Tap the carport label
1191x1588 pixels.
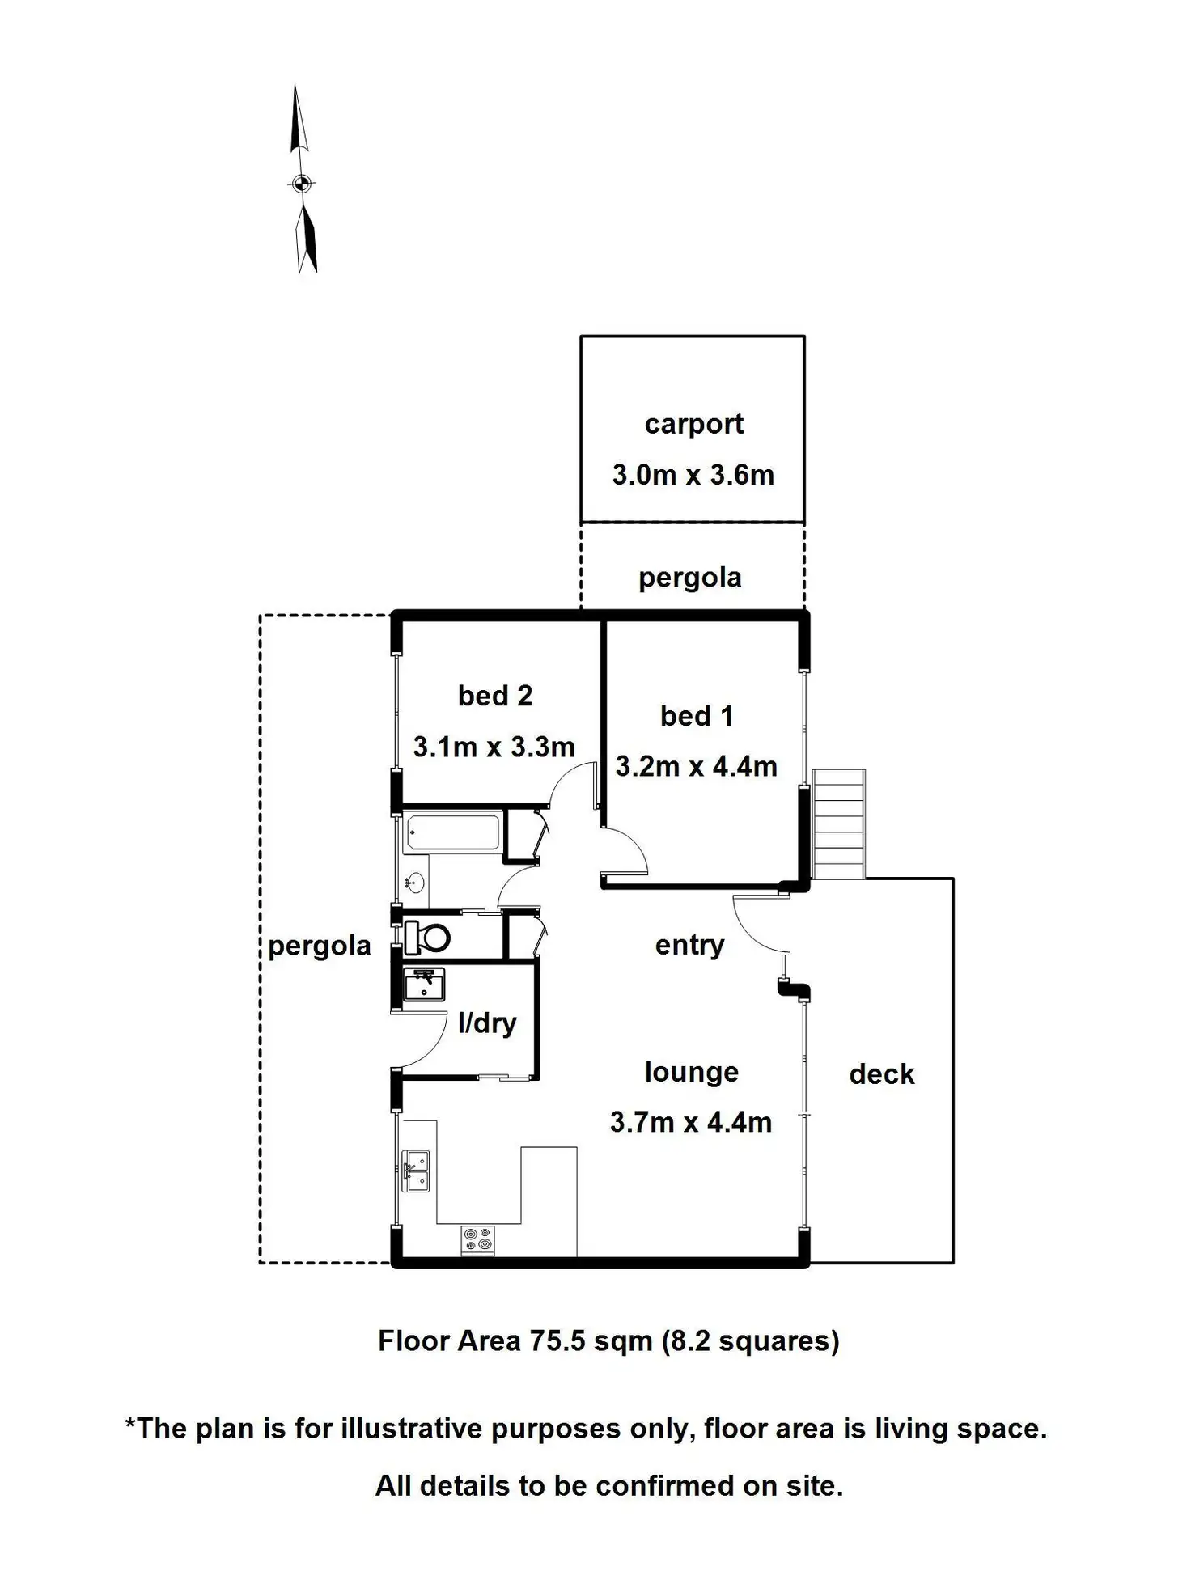[693, 425]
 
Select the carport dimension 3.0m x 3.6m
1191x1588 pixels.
[693, 475]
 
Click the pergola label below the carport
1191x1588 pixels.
[689, 578]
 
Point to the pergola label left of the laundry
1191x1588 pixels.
[319, 946]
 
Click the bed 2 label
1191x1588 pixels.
[494, 696]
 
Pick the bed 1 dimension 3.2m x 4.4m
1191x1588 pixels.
[696, 766]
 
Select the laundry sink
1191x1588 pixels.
[424, 985]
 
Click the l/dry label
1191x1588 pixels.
[486, 1023]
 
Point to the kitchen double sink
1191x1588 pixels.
[417, 1171]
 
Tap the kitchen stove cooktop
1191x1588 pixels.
[477, 1240]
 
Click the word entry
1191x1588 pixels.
[689, 945]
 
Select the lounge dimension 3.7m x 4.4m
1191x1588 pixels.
[690, 1123]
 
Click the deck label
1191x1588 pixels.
[881, 1074]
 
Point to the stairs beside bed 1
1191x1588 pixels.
[839, 824]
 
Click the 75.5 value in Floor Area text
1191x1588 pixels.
[557, 1341]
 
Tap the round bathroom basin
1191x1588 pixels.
[414, 883]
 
